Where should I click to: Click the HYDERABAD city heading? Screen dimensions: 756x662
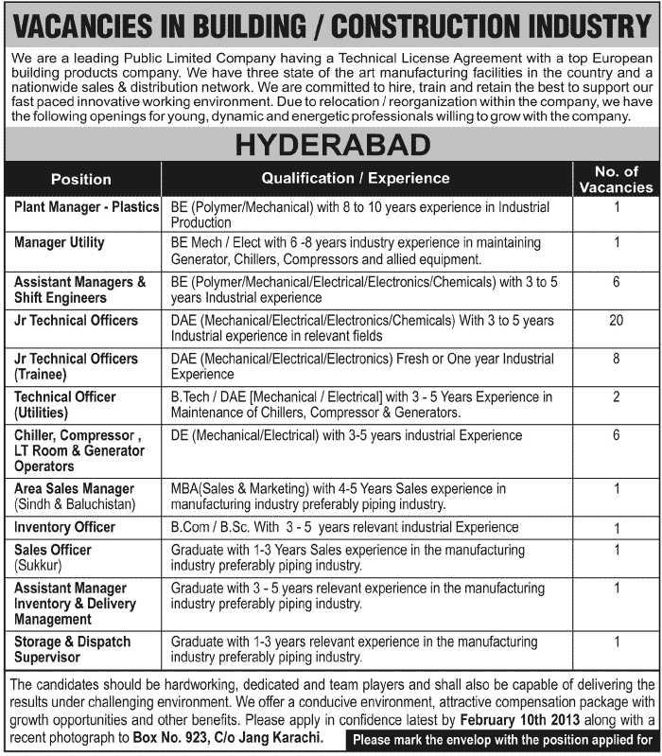pos(332,145)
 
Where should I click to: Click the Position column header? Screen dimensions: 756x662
pos(81,179)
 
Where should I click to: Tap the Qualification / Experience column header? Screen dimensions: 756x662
pos(356,178)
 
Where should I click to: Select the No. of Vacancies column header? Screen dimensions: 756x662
pos(617,179)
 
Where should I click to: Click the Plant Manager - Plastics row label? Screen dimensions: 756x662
pos(86,205)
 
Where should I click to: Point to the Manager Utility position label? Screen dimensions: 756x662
pos(60,243)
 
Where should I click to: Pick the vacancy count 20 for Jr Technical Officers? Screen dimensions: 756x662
pos(616,321)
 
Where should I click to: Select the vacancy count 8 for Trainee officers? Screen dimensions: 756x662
pos(616,360)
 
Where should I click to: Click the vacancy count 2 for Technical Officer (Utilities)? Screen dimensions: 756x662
pos(616,397)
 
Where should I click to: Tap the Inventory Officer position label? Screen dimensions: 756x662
pos(64,527)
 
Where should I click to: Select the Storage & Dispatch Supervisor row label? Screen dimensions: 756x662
pos(73,649)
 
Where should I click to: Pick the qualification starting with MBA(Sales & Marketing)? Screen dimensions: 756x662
pos(339,496)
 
